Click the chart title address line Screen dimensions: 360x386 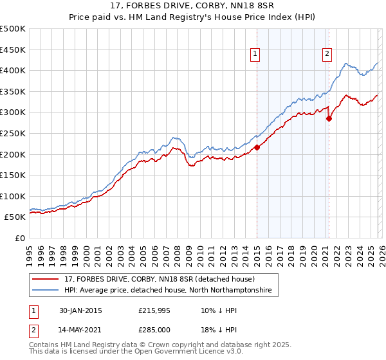(192, 6)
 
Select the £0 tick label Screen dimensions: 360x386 (20, 238)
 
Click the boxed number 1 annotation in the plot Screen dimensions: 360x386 (256, 54)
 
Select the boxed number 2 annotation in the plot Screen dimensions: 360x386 (327, 54)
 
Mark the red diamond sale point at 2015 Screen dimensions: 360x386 (257, 147)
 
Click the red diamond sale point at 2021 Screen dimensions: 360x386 (329, 118)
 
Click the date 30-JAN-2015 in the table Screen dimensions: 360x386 (79, 310)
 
